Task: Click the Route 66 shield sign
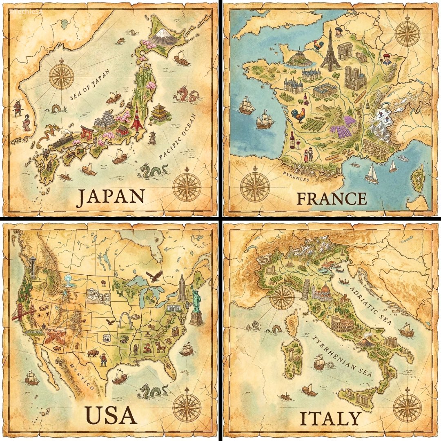coord(107,338)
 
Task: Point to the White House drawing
coord(174,308)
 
